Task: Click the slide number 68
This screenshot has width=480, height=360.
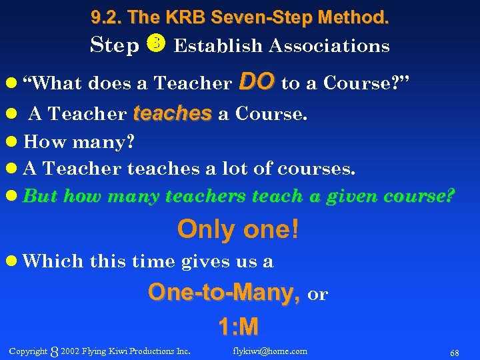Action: (454, 351)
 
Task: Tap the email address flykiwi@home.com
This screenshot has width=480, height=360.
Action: (270, 351)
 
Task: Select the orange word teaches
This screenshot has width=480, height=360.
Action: (172, 113)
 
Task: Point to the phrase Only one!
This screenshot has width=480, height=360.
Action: (238, 230)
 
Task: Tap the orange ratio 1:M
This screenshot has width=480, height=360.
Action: (238, 327)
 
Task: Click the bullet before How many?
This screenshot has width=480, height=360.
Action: (13, 142)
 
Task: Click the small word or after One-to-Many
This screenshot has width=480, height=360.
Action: (319, 295)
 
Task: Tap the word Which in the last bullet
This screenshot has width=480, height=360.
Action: (44, 261)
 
